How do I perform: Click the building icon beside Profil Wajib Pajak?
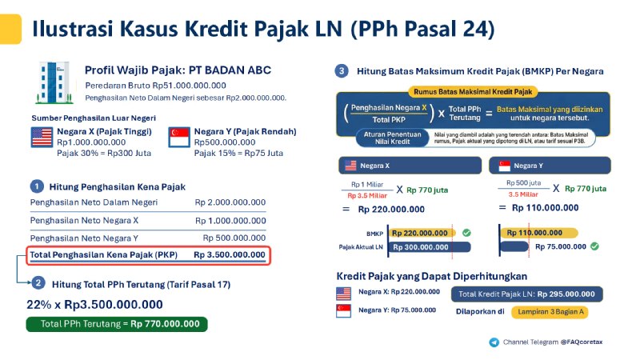pyautogui.click(x=54, y=82)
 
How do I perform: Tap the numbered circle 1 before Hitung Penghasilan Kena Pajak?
pyautogui.click(x=37, y=186)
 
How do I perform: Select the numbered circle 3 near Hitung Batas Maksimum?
pyautogui.click(x=342, y=71)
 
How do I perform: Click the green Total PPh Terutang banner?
pyautogui.click(x=116, y=324)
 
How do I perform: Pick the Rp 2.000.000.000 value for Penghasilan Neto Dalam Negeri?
pyautogui.click(x=230, y=202)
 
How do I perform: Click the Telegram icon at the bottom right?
pyautogui.click(x=494, y=342)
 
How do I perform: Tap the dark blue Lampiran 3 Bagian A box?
pyautogui.click(x=543, y=311)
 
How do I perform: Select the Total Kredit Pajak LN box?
pyautogui.click(x=526, y=294)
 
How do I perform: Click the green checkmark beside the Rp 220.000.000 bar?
pyautogui.click(x=466, y=233)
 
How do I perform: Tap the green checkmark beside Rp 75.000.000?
pyautogui.click(x=594, y=246)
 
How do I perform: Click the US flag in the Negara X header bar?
pyautogui.click(x=350, y=166)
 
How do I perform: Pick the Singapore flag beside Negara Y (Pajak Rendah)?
pyautogui.click(x=178, y=136)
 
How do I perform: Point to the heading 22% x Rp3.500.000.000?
pyautogui.click(x=94, y=304)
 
